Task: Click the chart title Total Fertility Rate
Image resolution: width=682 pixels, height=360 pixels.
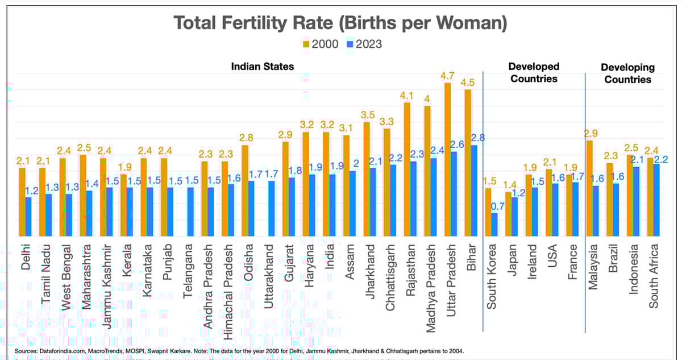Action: click(x=340, y=23)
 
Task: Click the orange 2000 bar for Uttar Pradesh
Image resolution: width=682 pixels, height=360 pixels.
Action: click(x=447, y=159)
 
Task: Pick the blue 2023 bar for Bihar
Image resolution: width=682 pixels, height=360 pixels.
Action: click(x=475, y=191)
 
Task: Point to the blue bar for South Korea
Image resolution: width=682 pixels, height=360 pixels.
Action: click(x=494, y=225)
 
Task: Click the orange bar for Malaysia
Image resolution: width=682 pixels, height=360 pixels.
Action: click(x=589, y=188)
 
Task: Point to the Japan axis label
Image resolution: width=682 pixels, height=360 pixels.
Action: click(x=511, y=260)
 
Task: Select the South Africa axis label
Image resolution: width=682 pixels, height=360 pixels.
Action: click(x=654, y=276)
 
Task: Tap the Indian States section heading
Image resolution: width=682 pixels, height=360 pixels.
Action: click(x=262, y=67)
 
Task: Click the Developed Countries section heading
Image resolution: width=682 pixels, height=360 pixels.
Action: click(x=534, y=73)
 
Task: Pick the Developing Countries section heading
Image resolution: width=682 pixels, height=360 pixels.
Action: click(x=627, y=73)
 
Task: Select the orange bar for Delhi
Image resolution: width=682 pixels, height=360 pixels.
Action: click(x=22, y=202)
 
